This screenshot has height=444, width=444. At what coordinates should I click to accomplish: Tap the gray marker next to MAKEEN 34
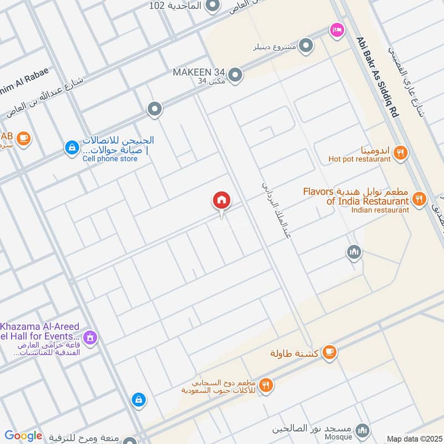235,74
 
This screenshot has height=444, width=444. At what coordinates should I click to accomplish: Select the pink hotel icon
336,29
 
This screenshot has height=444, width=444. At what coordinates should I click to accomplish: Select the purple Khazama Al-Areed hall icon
90,337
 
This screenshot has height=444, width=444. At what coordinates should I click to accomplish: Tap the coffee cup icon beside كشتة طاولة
330,351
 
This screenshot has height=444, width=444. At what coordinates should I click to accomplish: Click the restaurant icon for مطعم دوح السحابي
266,385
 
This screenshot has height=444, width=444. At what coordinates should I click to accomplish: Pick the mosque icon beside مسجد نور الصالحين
362,430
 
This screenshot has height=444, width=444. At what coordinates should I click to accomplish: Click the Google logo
23,436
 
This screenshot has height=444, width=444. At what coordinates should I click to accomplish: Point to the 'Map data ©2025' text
413,438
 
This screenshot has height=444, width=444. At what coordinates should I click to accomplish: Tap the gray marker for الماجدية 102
212,7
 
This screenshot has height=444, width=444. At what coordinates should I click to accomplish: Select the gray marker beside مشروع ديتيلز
305,44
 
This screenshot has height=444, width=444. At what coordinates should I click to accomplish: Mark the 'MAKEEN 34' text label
199,73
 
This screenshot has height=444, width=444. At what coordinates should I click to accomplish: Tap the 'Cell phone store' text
110,159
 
